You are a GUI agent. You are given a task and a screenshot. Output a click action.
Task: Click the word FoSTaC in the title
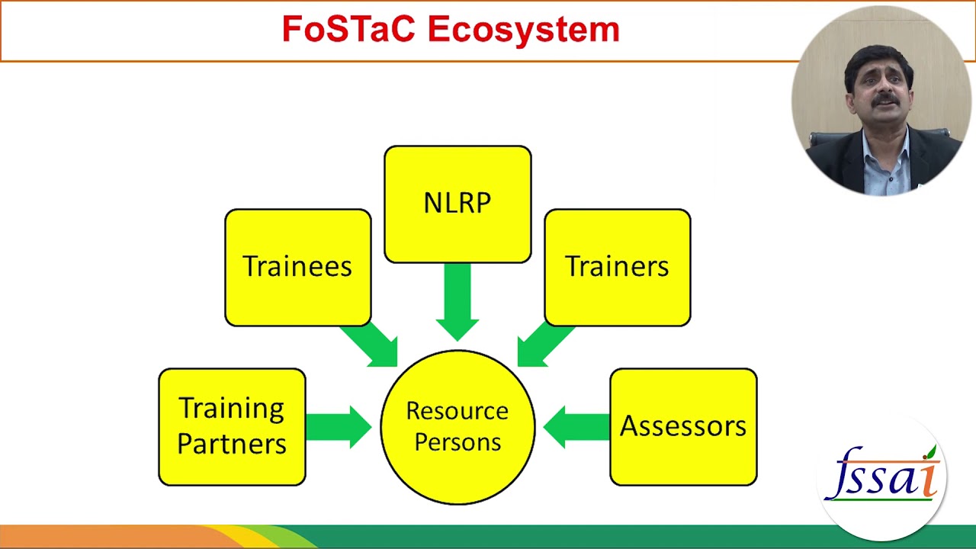pyautogui.click(x=349, y=30)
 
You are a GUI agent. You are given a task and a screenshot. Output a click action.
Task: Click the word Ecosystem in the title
pyautogui.click(x=523, y=30)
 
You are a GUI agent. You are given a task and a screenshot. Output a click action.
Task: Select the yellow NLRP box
pyautogui.click(x=457, y=204)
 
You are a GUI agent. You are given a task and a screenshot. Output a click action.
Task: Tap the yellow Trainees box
pyautogui.click(x=297, y=267)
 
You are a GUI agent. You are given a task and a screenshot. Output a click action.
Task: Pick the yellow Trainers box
pyautogui.click(x=617, y=267)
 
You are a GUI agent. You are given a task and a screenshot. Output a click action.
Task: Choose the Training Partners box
pyautogui.click(x=232, y=426)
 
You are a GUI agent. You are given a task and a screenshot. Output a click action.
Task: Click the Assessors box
pyautogui.click(x=683, y=426)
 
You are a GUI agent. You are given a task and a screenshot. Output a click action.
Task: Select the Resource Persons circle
pyautogui.click(x=457, y=427)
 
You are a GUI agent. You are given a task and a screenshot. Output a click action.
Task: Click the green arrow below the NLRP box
pyautogui.click(x=457, y=301)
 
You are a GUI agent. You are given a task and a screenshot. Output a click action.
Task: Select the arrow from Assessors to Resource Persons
pyautogui.click(x=577, y=427)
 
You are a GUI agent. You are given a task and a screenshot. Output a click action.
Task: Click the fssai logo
pyautogui.click(x=883, y=477)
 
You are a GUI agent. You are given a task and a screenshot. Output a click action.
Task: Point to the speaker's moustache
pyautogui.click(x=885, y=98)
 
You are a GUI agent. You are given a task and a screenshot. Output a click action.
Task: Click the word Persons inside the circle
pyautogui.click(x=457, y=443)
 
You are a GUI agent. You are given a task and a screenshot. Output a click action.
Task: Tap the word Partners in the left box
pyautogui.click(x=232, y=444)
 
